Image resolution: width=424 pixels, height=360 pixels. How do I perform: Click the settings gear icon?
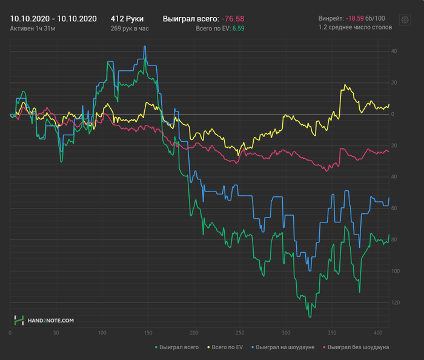pos(405,20)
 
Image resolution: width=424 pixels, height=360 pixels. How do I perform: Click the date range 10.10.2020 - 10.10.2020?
pos(53,18)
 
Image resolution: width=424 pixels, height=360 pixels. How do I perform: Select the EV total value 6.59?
pos(239,28)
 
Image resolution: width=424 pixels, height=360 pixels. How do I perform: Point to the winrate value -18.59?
pos(355,18)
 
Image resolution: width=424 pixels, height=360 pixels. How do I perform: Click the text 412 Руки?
pos(127,18)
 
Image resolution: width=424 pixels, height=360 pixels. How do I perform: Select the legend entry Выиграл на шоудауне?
pos(282,347)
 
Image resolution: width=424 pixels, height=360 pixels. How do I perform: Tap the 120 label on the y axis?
pos(395,302)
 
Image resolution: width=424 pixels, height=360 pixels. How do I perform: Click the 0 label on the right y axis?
pos(393,114)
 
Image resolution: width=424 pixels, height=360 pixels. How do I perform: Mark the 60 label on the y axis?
pos(394,208)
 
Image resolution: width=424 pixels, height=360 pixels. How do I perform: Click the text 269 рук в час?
pos(130,28)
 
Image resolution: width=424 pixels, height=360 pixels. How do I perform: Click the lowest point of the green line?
pos(310,317)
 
